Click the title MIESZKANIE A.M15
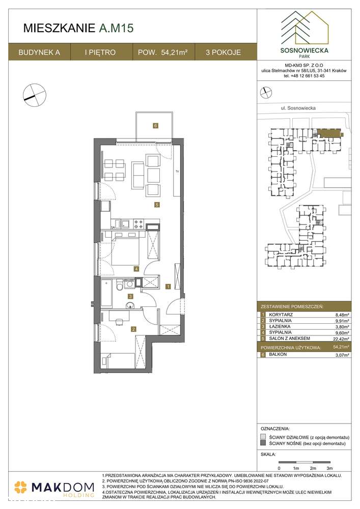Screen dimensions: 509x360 tap(78, 29)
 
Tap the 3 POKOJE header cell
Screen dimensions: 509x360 tap(224, 52)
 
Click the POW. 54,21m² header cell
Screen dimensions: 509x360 tap(163, 52)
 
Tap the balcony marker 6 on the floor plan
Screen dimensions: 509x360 tap(155, 126)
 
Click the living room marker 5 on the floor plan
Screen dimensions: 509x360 tap(158, 205)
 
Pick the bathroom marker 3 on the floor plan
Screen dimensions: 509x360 tap(130, 296)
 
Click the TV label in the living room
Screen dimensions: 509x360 tap(177, 171)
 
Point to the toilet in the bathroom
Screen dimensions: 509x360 tap(119, 287)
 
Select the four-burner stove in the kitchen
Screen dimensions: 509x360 tap(139, 223)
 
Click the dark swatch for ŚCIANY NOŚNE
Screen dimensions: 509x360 tap(262, 444)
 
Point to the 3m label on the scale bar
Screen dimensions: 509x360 tap(329, 467)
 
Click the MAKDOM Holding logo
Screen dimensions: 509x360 tap(54, 488)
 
